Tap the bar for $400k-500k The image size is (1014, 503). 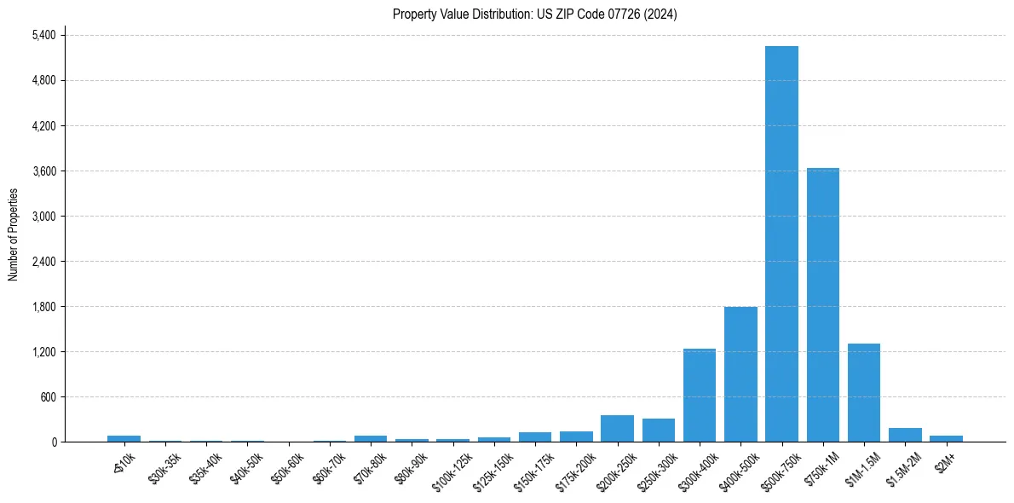coord(740,374)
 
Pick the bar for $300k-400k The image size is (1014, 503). coord(700,396)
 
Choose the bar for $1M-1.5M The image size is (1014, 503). coord(864,393)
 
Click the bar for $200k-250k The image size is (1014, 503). coord(617,429)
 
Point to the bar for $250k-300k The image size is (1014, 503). coord(659,431)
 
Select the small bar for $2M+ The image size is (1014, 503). coord(946,438)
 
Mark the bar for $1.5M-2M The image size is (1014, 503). coord(905,435)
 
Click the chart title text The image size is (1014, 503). coord(535,14)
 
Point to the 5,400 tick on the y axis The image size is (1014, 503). coord(43,35)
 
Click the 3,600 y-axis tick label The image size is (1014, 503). coord(43,171)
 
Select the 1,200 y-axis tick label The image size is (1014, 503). coord(43,351)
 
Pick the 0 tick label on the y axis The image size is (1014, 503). coord(53,442)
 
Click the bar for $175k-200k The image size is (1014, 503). coord(576,437)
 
